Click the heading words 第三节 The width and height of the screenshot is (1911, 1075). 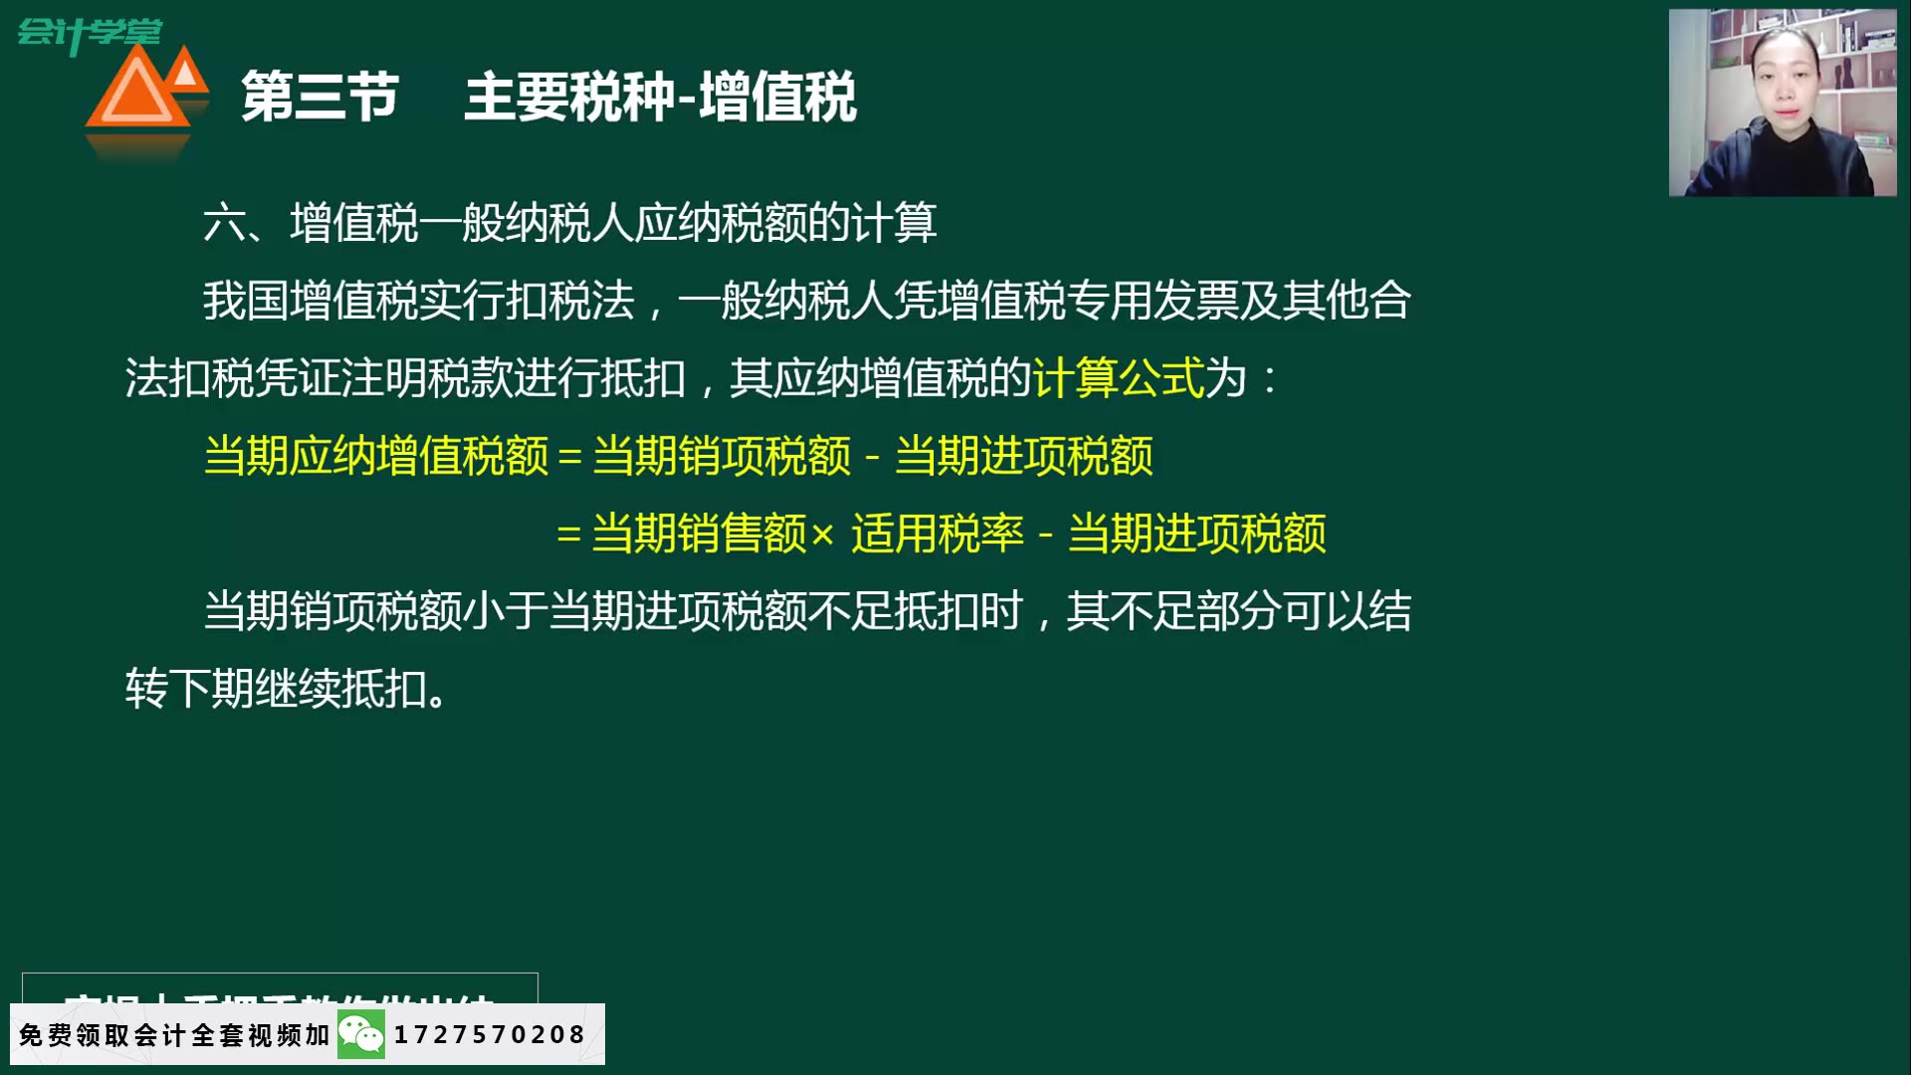tap(319, 98)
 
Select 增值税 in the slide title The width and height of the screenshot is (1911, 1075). tap(777, 98)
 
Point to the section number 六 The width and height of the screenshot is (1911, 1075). tap(224, 223)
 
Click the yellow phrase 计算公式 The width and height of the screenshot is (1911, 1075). tap(1119, 378)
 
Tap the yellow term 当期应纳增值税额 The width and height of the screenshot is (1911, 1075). tap(376, 456)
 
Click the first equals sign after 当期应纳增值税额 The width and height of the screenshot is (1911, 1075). tap(569, 457)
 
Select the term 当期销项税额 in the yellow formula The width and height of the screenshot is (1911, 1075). tap(722, 456)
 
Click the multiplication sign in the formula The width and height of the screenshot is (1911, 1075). tap(822, 536)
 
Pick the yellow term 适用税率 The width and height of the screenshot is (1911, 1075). tap(937, 534)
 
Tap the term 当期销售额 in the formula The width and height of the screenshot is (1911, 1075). tap(699, 534)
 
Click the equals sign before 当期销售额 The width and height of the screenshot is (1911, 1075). tap(568, 535)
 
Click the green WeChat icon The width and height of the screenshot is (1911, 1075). tap(360, 1035)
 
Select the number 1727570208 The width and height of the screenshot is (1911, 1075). tap(490, 1035)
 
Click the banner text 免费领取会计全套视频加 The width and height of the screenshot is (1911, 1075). tap(174, 1035)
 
